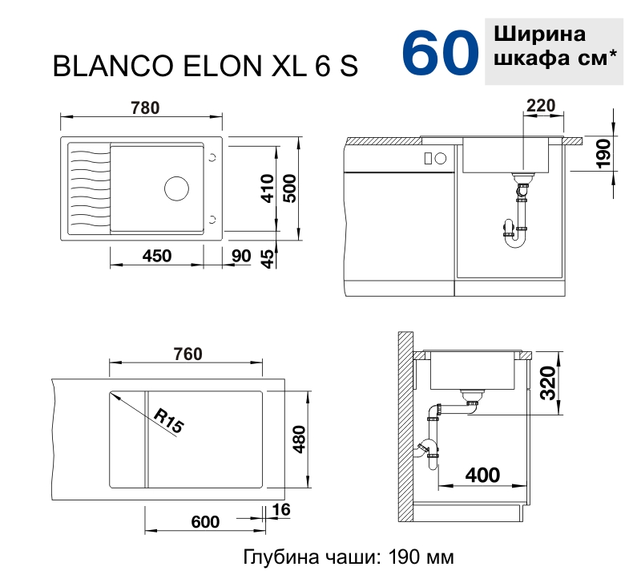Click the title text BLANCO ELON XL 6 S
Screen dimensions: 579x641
tap(205, 67)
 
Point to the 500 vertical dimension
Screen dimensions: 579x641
tap(292, 189)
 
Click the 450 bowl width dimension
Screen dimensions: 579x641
tap(156, 256)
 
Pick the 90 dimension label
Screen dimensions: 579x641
tap(240, 256)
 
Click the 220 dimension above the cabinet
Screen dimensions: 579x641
tap(542, 104)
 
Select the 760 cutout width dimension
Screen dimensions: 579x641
tap(187, 354)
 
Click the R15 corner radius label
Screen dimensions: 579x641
tap(168, 420)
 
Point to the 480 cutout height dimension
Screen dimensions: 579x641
tap(299, 439)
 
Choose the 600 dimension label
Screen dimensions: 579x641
tap(205, 522)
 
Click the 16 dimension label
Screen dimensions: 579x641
tap(280, 509)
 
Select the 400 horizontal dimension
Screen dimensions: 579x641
tap(482, 475)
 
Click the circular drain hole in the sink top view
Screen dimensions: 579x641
tap(176, 188)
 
